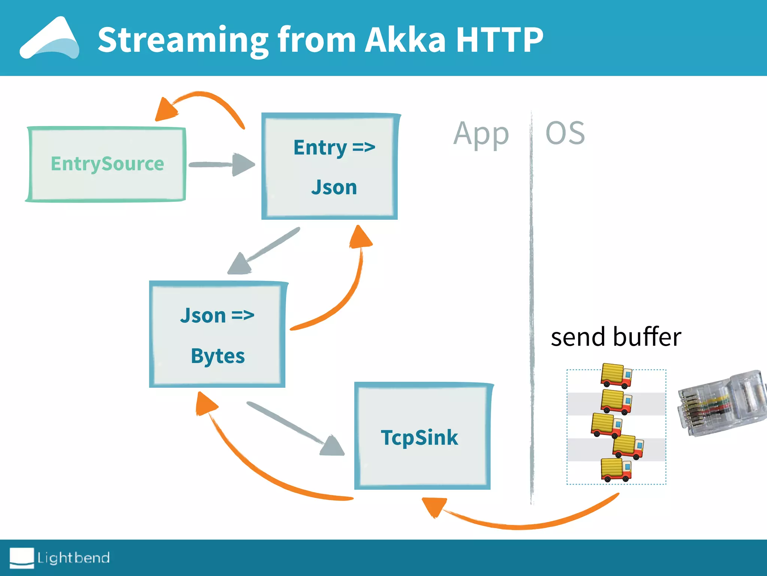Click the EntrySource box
tap(107, 164)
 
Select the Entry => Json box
tap(330, 166)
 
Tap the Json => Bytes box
tap(217, 334)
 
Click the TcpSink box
tap(422, 436)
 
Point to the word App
tap(481, 134)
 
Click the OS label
tap(565, 133)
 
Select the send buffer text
tap(616, 337)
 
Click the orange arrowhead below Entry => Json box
tap(360, 237)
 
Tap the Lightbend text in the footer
tap(73, 558)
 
